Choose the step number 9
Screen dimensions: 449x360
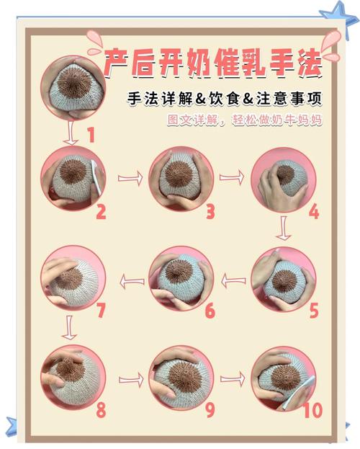coord(210,409)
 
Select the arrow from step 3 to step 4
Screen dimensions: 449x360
coord(231,177)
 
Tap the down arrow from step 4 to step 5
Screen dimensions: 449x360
coord(283,229)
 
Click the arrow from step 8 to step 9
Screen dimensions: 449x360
coord(130,379)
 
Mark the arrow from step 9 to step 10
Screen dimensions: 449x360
coord(231,378)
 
